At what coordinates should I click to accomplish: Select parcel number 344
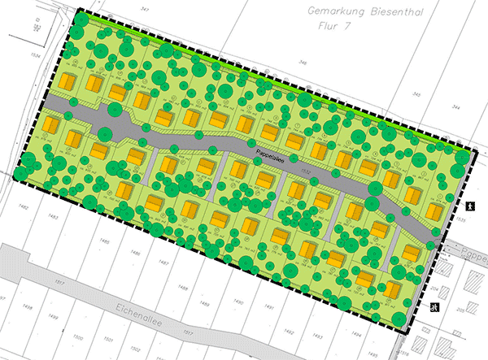coord(455,107)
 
